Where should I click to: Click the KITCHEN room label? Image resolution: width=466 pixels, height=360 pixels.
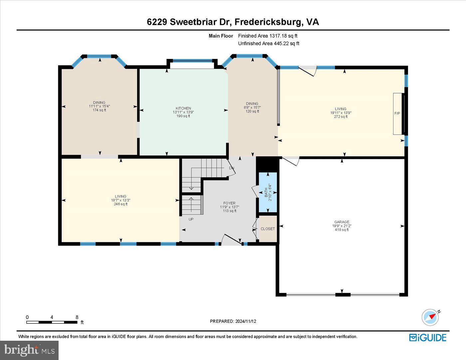(x=183, y=108)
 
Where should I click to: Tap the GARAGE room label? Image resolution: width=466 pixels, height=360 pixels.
(x=342, y=222)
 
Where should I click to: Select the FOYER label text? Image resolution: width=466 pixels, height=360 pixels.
(x=229, y=203)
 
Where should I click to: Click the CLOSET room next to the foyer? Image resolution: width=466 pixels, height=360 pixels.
(x=268, y=229)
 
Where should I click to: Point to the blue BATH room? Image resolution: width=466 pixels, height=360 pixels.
(x=268, y=193)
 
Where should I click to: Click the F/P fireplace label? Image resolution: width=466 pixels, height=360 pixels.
(x=397, y=113)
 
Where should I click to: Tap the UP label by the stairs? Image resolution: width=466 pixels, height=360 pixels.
(x=191, y=219)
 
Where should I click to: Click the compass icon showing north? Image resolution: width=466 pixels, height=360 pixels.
(x=430, y=317)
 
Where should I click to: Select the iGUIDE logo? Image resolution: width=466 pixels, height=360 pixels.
(x=428, y=337)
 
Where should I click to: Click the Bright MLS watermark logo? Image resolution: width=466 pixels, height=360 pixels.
(x=29, y=350)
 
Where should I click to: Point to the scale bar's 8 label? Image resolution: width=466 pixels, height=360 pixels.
(x=77, y=317)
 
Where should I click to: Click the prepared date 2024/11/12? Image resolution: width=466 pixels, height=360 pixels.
(x=246, y=321)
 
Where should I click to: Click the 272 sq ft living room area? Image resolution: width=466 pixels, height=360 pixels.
(x=341, y=117)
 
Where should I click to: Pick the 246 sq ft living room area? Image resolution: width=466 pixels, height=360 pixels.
(x=120, y=204)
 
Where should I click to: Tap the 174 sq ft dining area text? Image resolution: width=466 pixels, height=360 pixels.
(x=99, y=110)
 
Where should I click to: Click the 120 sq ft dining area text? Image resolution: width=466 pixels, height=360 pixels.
(x=252, y=111)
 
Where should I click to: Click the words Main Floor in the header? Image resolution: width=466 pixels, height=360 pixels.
(x=221, y=36)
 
